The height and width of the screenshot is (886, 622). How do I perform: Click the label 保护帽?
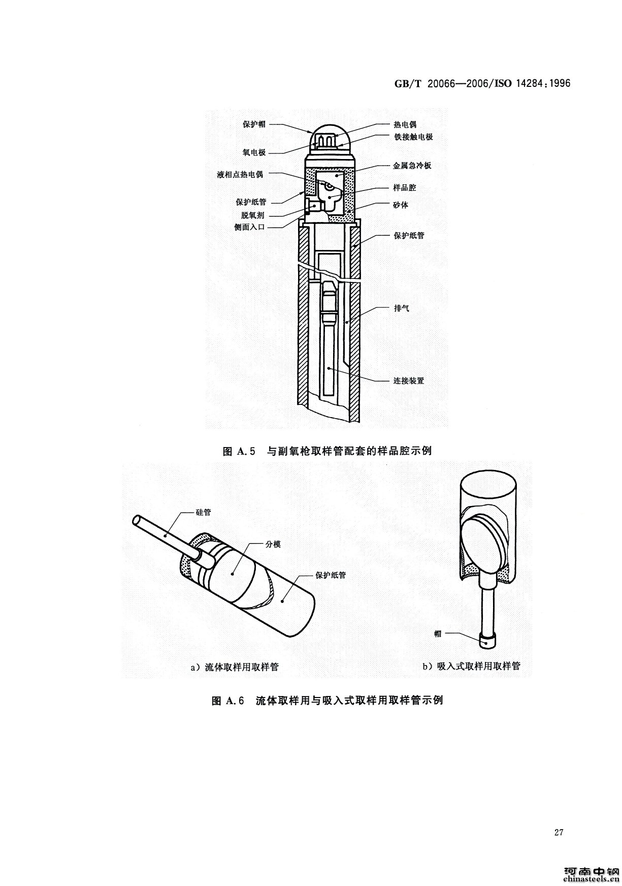253,124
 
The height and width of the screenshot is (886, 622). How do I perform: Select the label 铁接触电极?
413,137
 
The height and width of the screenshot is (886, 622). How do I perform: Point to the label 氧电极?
253,152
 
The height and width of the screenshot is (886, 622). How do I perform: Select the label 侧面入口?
250,228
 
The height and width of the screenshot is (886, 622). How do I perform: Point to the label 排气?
402,308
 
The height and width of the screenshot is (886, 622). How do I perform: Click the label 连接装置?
409,381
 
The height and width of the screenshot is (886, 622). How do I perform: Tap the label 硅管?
203,512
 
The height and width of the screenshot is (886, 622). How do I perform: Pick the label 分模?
273,544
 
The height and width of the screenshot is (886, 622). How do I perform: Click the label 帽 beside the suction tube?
438,633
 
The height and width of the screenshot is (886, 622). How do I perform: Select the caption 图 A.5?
242,451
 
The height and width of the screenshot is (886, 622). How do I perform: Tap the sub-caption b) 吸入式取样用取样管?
472,666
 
